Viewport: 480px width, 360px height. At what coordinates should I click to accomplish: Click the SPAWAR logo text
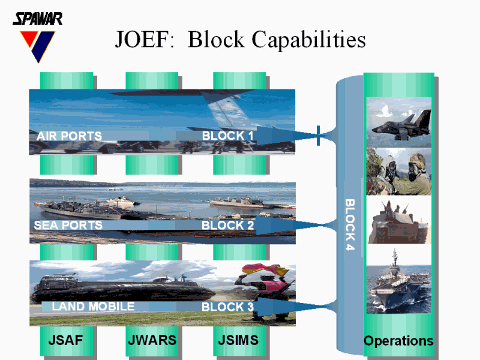[x=37, y=19]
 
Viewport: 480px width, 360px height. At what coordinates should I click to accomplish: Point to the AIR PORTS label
[x=69, y=136]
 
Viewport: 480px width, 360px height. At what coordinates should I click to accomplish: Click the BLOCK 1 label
[x=227, y=136]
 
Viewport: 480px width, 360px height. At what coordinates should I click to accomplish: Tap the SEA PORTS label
[x=68, y=226]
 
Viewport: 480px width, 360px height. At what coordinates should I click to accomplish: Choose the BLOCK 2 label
[x=227, y=226]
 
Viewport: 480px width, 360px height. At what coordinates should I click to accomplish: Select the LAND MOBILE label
[x=93, y=307]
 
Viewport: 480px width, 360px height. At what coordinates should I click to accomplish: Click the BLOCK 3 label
[x=227, y=307]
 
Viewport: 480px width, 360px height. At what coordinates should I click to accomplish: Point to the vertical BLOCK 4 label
[x=350, y=225]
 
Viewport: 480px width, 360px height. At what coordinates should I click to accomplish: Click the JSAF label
[x=65, y=340]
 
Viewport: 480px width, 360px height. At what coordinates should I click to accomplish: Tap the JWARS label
[x=152, y=340]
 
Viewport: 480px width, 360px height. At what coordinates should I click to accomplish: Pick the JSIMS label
[x=239, y=340]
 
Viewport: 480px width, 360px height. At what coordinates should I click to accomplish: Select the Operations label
[x=398, y=341]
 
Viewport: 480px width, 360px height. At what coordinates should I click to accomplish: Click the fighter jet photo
[x=399, y=122]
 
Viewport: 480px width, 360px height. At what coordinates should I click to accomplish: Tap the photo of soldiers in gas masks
[x=399, y=172]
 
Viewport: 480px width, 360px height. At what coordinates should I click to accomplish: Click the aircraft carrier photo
[x=399, y=280]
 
